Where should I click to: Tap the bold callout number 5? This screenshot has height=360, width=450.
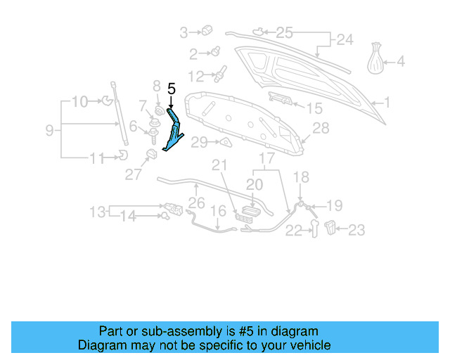[x=171, y=89]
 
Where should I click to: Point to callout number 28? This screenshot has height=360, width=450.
[x=321, y=128]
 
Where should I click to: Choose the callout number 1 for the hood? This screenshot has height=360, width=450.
[x=386, y=103]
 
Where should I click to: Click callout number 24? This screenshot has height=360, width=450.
[x=344, y=40]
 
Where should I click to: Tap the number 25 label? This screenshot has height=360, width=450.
[x=283, y=32]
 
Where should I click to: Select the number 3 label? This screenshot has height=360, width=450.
[x=184, y=32]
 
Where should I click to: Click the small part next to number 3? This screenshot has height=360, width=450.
[x=207, y=30]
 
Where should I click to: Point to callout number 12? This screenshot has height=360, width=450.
[x=195, y=75]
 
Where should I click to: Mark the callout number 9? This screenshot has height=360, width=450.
[x=49, y=129]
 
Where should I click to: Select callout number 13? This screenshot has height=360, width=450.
[x=98, y=211]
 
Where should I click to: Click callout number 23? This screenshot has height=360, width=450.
[x=357, y=229]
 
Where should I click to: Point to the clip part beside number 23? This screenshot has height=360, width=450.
[x=333, y=227]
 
